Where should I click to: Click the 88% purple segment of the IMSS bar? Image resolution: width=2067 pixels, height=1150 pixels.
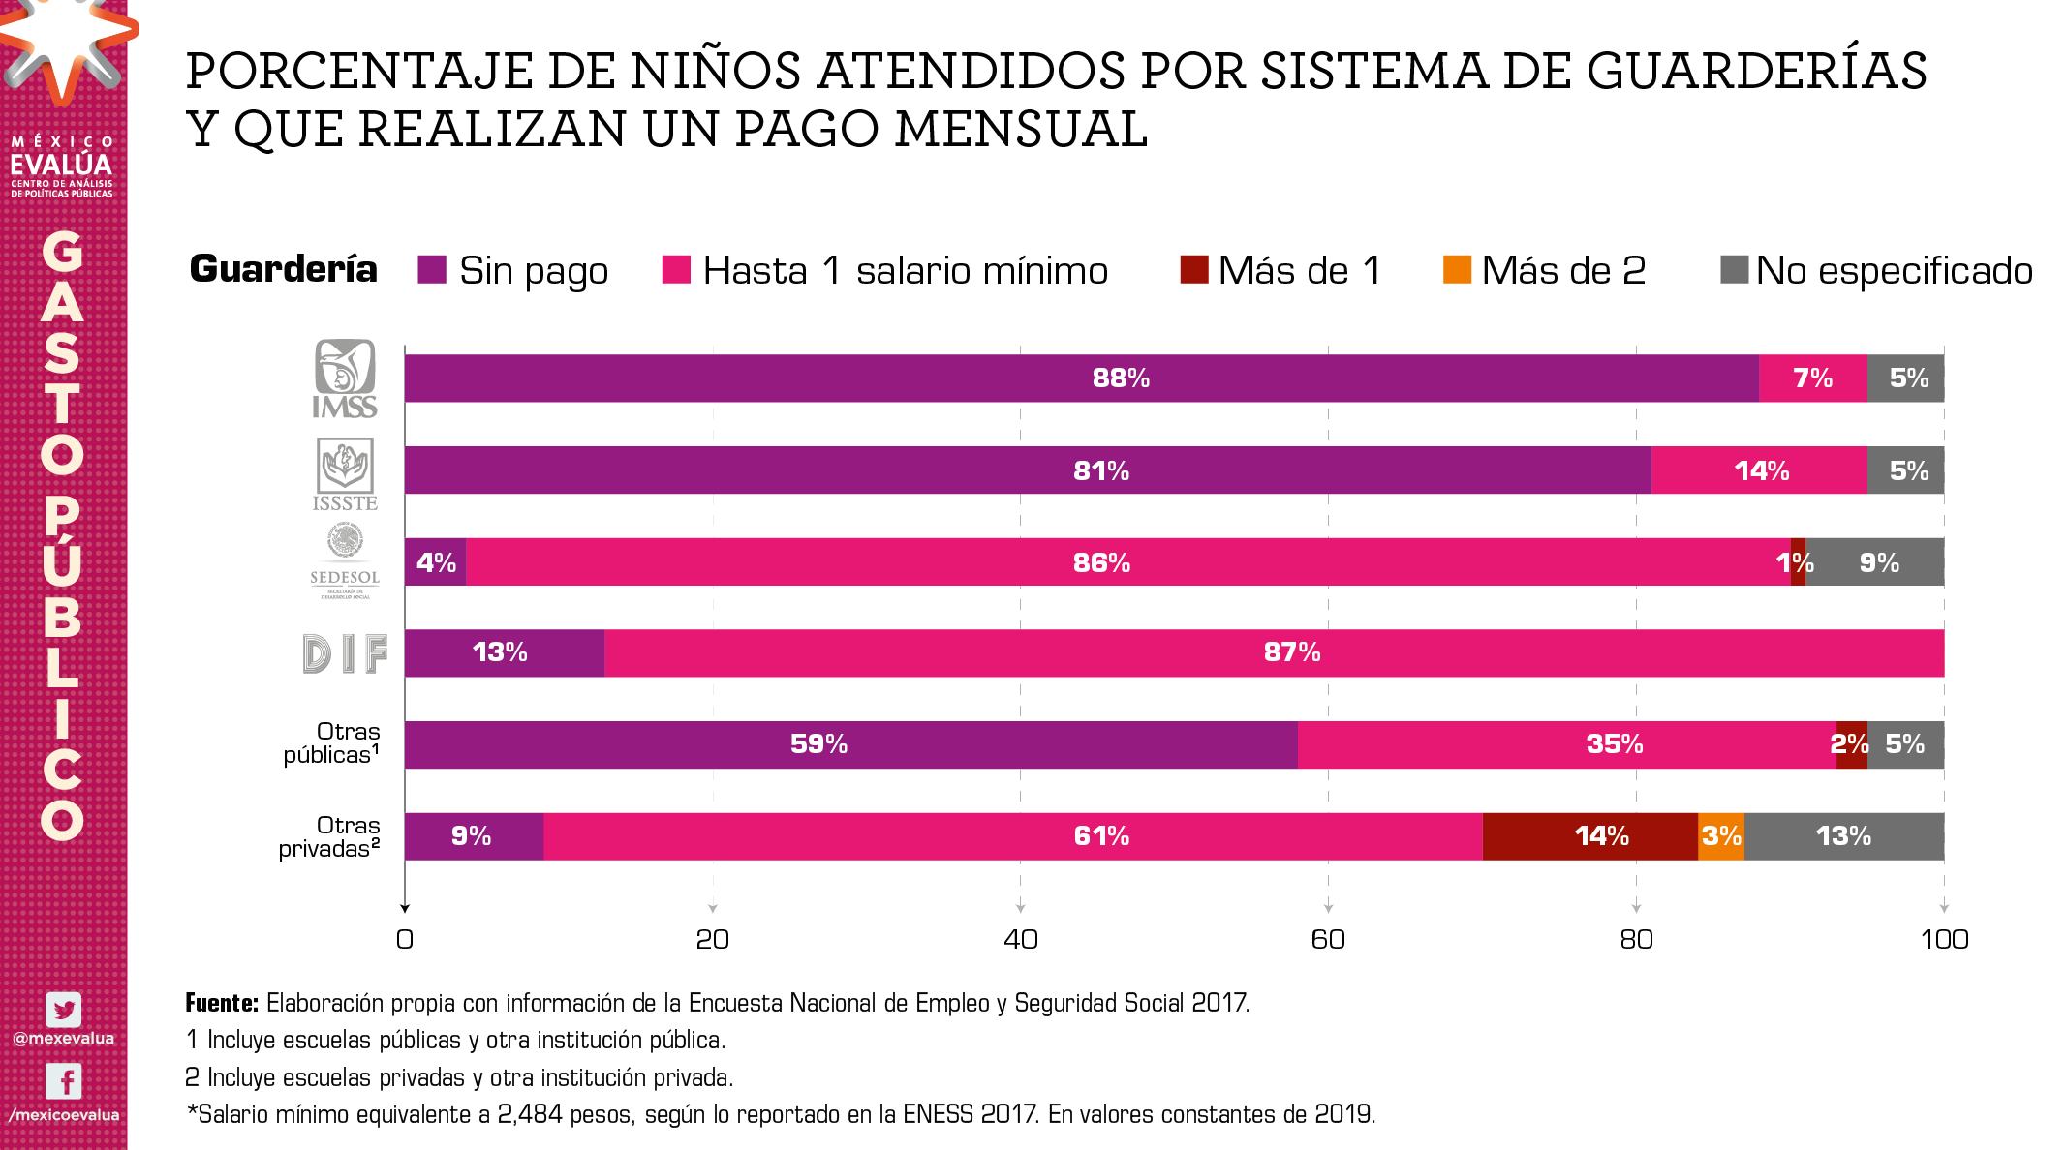[x=1081, y=378]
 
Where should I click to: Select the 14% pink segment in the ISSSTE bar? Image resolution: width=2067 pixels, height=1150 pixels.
[x=1759, y=470]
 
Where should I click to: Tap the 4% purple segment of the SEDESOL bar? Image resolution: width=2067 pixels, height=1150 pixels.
[x=435, y=562]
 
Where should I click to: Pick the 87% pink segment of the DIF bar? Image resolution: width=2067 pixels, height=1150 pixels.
[x=1274, y=653]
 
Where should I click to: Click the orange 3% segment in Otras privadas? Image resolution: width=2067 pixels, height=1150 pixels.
[x=1721, y=836]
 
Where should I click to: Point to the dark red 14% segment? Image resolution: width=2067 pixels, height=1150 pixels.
[x=1590, y=836]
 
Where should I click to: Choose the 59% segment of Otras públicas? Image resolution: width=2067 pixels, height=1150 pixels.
[x=850, y=744]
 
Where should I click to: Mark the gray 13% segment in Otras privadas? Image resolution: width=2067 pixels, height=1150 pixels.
[x=1844, y=836]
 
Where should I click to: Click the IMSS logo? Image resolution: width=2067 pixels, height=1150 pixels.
[x=345, y=378]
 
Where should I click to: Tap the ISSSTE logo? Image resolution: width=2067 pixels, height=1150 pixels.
[x=345, y=473]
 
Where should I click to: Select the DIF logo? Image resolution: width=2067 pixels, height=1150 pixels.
[x=345, y=653]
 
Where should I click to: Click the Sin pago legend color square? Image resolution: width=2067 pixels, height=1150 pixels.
[x=432, y=270]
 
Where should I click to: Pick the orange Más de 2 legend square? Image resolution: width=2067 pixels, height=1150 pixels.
[x=1457, y=270]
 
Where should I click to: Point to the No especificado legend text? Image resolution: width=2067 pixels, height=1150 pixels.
[x=1894, y=271]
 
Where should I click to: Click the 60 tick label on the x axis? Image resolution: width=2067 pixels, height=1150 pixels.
[x=1328, y=939]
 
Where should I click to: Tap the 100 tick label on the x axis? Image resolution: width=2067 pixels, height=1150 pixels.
[x=1944, y=939]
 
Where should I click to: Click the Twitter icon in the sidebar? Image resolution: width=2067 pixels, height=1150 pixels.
[x=64, y=1010]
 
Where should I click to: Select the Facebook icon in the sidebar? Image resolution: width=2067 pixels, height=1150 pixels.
[x=64, y=1081]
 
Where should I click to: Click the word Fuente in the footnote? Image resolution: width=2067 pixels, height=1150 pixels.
[x=222, y=1003]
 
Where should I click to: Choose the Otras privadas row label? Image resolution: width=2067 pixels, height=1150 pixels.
[x=329, y=837]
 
